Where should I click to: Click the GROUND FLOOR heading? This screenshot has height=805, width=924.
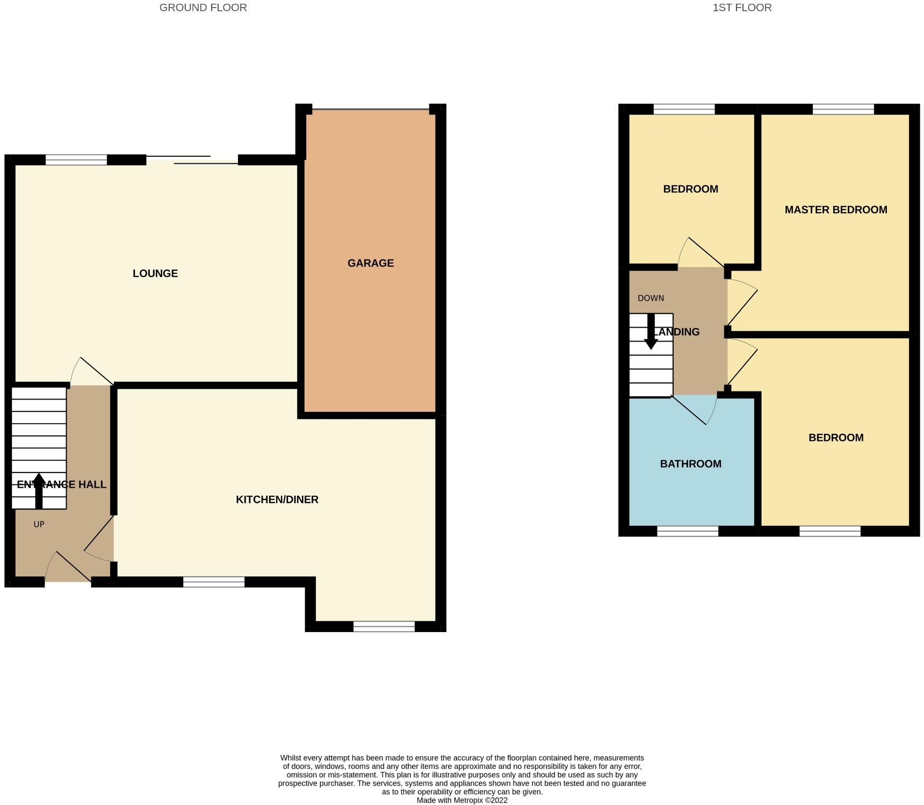[x=203, y=8]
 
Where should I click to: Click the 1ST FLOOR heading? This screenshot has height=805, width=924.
[x=742, y=8]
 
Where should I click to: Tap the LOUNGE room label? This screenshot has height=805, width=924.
[x=155, y=273]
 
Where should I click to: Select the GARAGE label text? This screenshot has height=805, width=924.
[x=371, y=263]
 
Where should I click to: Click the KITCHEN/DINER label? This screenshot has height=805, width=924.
[x=277, y=499]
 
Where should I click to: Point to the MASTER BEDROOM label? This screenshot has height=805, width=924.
[x=836, y=210]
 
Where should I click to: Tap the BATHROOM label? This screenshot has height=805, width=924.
[x=690, y=464]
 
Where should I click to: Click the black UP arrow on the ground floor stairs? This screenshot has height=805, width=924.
[x=39, y=490]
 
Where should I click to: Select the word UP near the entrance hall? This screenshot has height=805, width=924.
[x=39, y=524]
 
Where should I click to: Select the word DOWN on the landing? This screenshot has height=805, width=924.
[x=651, y=298]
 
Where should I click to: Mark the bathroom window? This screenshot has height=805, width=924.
[x=688, y=531]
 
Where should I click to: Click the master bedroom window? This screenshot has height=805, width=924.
[x=843, y=110]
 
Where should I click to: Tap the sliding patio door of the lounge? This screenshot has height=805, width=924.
[x=192, y=159]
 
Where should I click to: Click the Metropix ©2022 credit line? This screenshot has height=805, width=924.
[x=462, y=800]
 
